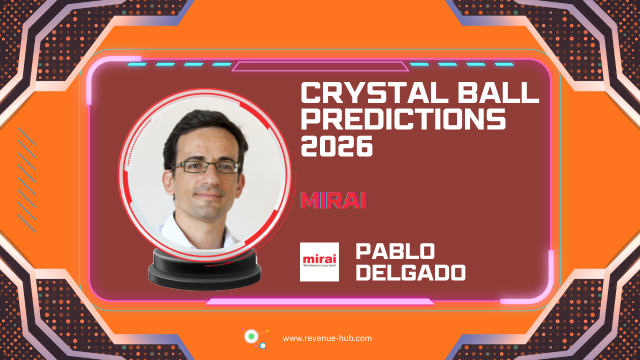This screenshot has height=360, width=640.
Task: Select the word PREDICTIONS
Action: click(x=403, y=120)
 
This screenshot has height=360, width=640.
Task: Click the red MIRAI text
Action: click(x=333, y=200)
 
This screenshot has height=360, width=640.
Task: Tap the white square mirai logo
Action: click(x=319, y=262)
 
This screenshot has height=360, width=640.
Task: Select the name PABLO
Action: click(x=395, y=252)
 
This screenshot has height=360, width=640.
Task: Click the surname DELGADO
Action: click(x=410, y=273)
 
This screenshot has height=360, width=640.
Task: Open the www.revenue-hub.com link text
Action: click(x=327, y=338)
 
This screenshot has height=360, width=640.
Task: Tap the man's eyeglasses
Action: click(x=205, y=167)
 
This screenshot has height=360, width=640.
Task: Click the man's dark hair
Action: click(x=200, y=127)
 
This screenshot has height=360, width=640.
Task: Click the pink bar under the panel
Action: click(x=320, y=301)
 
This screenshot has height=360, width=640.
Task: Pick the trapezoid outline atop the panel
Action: click(x=320, y=66)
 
